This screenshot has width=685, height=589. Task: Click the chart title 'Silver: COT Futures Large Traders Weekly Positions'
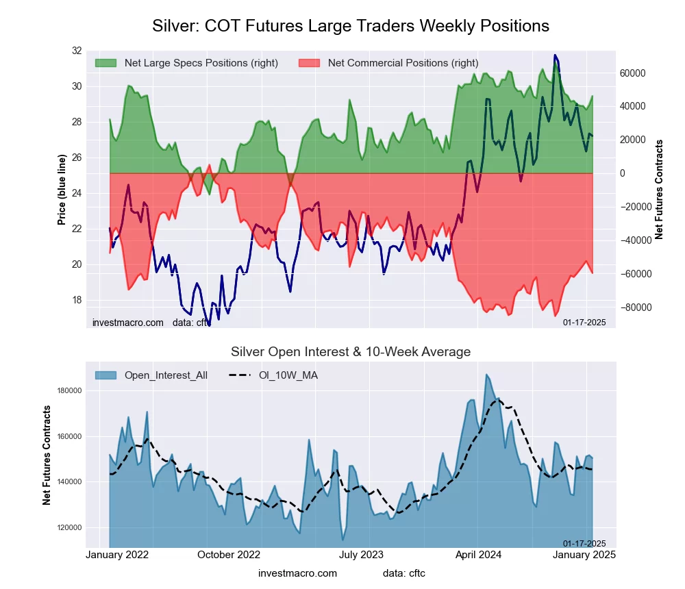350,26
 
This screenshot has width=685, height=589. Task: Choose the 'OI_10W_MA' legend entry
288,375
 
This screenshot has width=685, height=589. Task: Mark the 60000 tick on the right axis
633,73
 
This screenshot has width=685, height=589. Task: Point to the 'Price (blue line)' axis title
61,190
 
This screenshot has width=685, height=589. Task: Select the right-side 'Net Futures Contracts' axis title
659,190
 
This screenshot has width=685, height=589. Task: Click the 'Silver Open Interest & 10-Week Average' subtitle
350,352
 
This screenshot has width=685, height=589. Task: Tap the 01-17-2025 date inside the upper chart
584,322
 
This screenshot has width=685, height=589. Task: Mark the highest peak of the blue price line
555,55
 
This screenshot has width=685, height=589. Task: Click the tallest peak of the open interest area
486,375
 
